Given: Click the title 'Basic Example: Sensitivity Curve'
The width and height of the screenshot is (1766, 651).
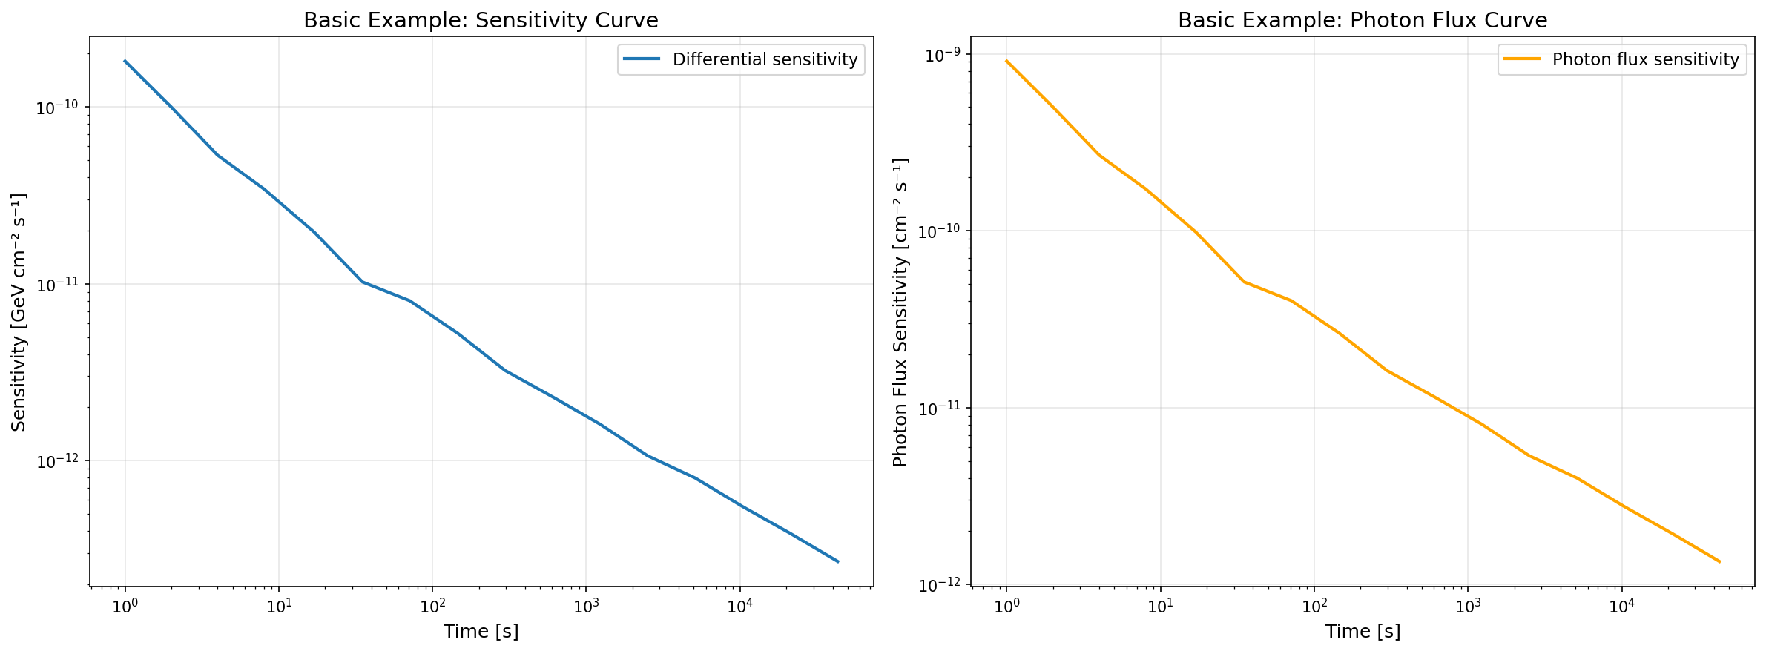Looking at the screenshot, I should (x=481, y=20).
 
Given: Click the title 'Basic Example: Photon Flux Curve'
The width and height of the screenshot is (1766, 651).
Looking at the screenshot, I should (x=1363, y=20).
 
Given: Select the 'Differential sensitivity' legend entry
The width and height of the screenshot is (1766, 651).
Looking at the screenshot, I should (x=764, y=59).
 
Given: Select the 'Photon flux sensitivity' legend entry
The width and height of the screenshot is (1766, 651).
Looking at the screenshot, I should (x=1645, y=59).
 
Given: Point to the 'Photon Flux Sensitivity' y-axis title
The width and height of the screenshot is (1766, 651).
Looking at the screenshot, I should (x=900, y=311).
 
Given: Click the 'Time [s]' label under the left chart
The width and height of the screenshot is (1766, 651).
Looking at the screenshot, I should (x=481, y=631).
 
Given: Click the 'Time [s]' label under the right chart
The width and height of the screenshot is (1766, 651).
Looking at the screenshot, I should (x=1363, y=631).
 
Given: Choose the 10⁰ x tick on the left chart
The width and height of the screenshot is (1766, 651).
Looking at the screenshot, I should (x=125, y=606).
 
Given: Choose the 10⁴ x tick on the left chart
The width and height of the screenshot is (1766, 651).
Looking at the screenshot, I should (x=739, y=606).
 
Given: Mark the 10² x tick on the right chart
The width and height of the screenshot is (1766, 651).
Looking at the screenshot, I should (x=1314, y=606).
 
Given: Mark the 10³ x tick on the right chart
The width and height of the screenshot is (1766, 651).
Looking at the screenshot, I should (x=1467, y=606).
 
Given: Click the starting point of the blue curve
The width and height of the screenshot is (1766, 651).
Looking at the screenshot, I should (x=125, y=61).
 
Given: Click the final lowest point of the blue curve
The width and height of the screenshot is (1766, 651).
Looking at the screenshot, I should (x=838, y=561).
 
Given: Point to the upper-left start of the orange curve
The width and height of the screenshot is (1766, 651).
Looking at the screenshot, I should (x=1006, y=61).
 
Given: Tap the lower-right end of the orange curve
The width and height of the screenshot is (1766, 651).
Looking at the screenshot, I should (x=1719, y=561).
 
